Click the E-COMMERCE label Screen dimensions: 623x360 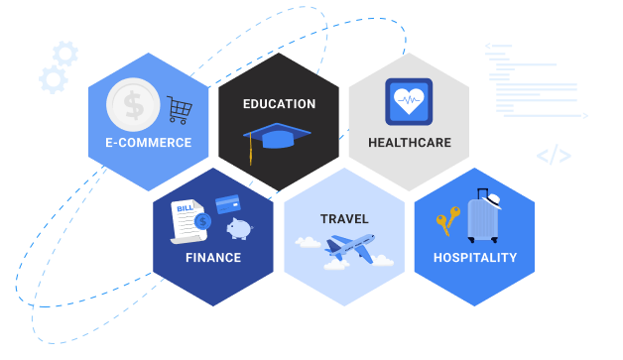[149, 143]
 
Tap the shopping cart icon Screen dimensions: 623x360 [180, 109]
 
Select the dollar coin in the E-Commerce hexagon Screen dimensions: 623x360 [134, 104]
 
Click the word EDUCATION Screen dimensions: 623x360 [279, 104]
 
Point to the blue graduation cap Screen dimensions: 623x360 [277, 136]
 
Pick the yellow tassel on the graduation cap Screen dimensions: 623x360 [251, 151]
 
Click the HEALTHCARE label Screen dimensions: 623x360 [409, 143]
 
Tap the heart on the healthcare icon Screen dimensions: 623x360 [409, 100]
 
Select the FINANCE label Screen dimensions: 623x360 [212, 258]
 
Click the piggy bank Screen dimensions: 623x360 [238, 229]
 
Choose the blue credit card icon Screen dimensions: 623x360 [229, 203]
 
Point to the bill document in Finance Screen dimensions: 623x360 [186, 220]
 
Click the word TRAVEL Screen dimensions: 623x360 [344, 219]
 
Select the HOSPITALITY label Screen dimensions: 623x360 [475, 258]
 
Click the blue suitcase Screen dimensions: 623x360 [482, 221]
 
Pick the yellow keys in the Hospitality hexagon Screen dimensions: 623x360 [446, 219]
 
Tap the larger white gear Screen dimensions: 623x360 [53, 79]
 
